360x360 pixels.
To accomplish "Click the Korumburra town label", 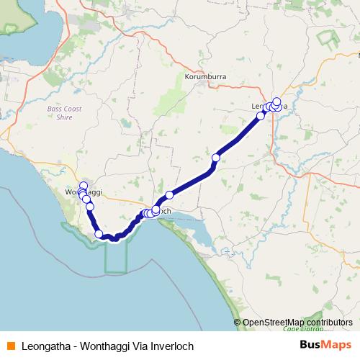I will tap(204, 76).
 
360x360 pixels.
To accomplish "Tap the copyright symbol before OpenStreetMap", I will tap(238, 323).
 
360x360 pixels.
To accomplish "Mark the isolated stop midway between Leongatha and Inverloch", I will tap(215, 157).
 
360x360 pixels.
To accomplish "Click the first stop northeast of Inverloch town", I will tap(169, 194).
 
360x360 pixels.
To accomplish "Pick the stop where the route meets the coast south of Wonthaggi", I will tap(99, 233).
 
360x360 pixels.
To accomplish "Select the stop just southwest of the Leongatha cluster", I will tap(261, 115).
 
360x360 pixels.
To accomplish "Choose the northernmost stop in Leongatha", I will tap(276, 101).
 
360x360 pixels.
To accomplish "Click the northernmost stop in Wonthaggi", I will tap(83, 185).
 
